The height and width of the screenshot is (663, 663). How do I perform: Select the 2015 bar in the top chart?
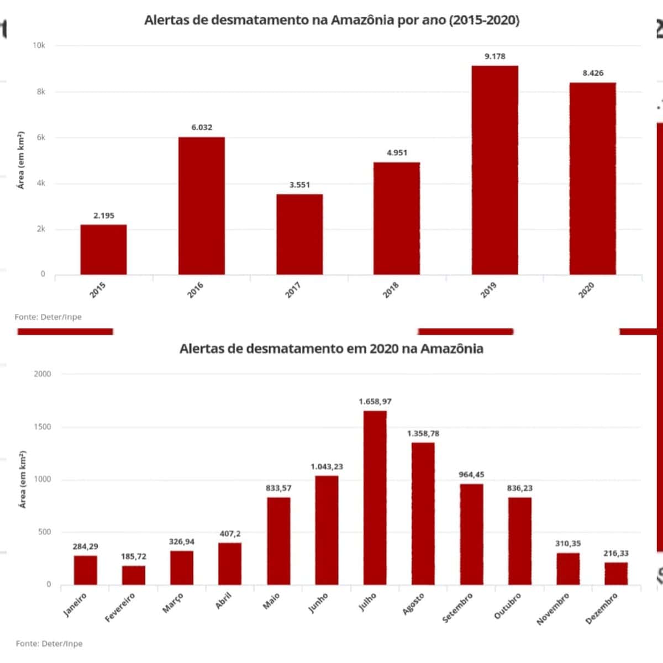click(x=103, y=250)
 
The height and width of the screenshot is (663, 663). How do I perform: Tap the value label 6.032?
click(x=202, y=127)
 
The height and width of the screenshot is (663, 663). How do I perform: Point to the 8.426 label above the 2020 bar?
click(x=593, y=73)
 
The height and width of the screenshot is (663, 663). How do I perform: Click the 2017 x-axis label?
click(x=293, y=290)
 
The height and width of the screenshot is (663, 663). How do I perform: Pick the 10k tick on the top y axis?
click(x=39, y=45)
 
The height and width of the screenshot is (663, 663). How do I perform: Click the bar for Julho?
click(x=375, y=497)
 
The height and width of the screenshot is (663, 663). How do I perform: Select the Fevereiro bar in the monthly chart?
click(x=133, y=575)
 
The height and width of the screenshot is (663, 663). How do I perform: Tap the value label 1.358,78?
click(x=423, y=434)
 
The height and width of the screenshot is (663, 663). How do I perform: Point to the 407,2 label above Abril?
click(x=230, y=534)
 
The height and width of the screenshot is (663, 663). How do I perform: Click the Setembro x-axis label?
click(x=457, y=608)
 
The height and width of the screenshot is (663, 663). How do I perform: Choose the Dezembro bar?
click(x=616, y=573)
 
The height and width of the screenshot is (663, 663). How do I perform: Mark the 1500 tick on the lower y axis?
click(x=41, y=427)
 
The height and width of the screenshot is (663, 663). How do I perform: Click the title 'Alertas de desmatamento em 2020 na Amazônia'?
click(x=331, y=349)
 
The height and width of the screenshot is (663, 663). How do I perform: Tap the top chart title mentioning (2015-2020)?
click(x=331, y=20)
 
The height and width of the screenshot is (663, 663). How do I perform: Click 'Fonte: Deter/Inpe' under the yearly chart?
click(x=48, y=317)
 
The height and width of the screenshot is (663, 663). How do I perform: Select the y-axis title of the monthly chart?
click(x=23, y=480)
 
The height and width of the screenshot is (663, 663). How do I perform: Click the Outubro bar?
click(x=520, y=541)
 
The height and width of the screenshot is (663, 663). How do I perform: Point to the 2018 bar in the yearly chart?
click(x=397, y=218)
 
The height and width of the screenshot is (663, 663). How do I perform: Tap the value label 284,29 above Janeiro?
click(x=85, y=546)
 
